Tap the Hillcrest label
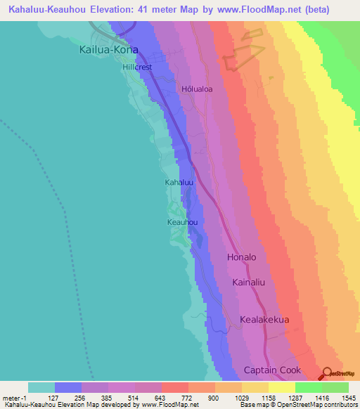pos(137,67)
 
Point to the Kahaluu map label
pos(179,182)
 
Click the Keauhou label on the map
pos(181,222)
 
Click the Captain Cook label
pos(272,370)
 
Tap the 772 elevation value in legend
pos(188,397)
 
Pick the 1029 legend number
pos(240,397)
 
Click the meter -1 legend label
pos(14,397)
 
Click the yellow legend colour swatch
pos(281,387)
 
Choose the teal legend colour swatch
pos(41,387)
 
